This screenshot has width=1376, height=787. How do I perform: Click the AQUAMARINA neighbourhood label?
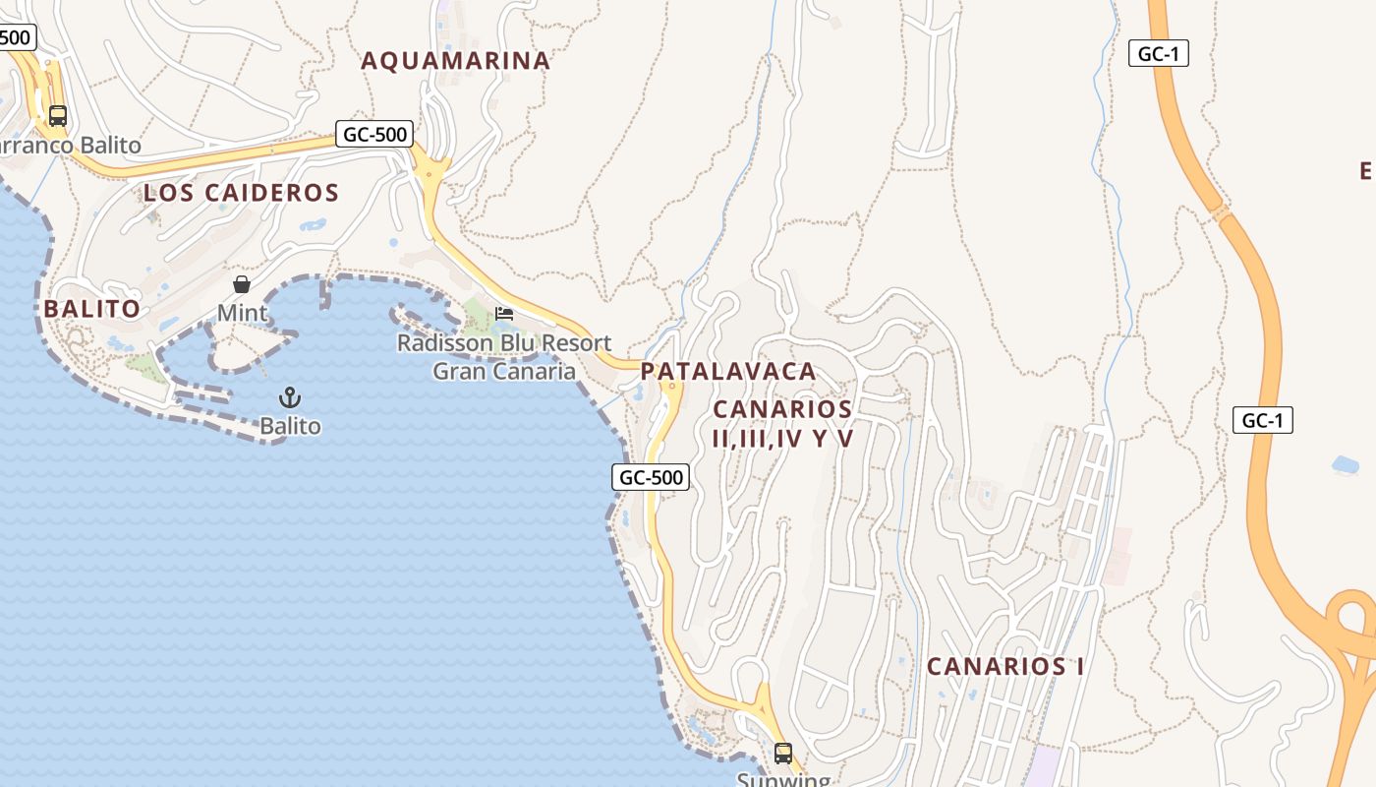(455, 61)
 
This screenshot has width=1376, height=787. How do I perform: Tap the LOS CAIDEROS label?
(241, 193)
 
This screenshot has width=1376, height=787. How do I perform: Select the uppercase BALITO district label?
(92, 309)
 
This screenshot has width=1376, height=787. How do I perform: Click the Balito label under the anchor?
(290, 426)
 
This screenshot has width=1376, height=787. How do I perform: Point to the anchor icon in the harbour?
(290, 398)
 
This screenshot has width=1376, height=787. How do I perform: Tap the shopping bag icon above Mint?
(242, 284)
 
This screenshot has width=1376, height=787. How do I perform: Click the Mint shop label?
(242, 313)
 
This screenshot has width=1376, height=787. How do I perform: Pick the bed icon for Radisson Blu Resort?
(504, 314)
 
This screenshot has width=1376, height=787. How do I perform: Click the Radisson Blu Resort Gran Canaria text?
(504, 357)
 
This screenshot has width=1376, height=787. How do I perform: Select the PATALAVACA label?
(728, 372)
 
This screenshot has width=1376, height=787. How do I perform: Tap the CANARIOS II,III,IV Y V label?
(783, 424)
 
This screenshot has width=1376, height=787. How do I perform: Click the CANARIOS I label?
(1005, 666)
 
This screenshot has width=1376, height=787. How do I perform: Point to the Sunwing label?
(783, 779)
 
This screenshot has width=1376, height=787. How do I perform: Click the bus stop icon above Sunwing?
(783, 754)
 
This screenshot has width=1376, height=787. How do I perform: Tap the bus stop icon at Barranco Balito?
(58, 115)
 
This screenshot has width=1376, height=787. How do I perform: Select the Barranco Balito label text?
(69, 146)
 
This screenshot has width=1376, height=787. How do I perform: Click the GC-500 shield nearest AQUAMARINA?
(373, 134)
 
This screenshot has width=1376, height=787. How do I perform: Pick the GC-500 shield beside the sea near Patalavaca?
(651, 478)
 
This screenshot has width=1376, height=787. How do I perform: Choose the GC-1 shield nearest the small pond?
(1262, 421)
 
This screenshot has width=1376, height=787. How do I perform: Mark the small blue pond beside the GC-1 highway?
(1345, 464)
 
